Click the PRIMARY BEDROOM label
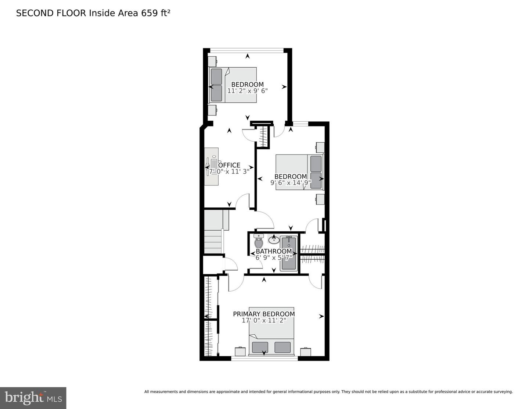tap(264, 314)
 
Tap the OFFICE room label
tap(229, 165)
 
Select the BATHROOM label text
tap(274, 251)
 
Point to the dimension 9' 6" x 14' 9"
tap(291, 183)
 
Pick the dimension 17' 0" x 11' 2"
tap(264, 320)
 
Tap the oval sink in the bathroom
tap(274, 240)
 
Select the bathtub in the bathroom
tap(289, 254)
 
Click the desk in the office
tap(212, 166)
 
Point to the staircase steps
tap(213, 241)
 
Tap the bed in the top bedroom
tap(233, 85)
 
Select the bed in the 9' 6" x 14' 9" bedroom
tap(299, 172)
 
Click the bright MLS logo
tap(33, 398)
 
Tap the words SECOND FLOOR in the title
tap(51, 13)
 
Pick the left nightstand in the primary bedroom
tap(240, 352)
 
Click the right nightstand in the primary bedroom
tap(306, 352)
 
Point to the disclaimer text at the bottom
tap(328, 392)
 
